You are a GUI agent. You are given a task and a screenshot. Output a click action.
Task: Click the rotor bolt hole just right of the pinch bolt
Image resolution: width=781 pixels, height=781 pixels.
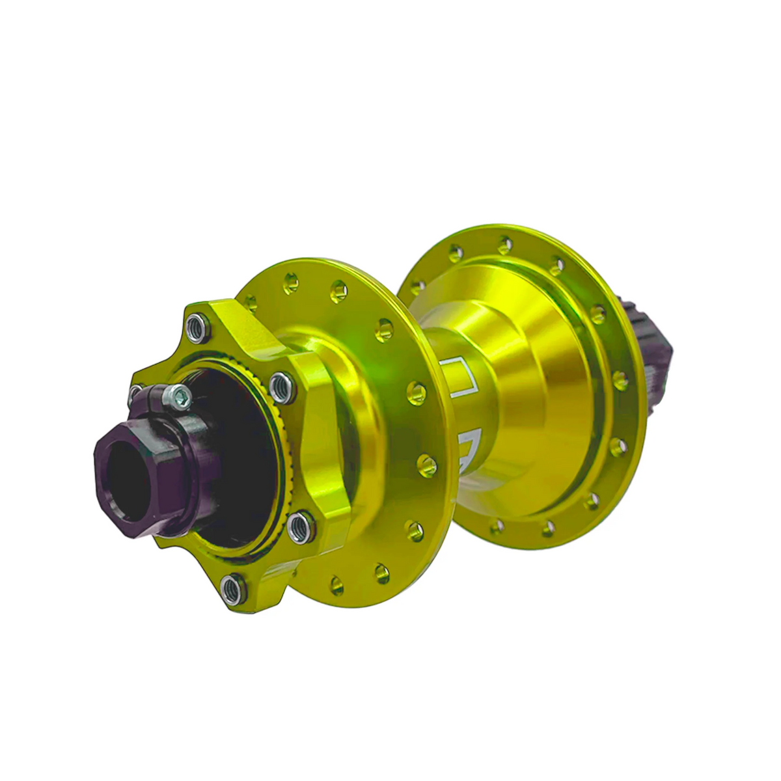(x=280, y=385)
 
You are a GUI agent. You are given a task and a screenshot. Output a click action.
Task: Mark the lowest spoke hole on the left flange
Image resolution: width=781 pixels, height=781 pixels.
(x=337, y=581)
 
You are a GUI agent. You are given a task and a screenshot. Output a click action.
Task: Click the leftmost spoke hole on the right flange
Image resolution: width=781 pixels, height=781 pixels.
(x=418, y=285)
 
